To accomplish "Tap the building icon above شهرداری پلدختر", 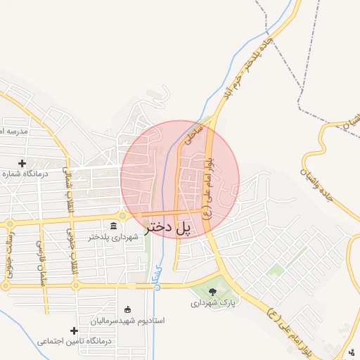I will pyautogui.click(x=114, y=225).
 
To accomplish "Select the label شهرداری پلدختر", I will pyautogui.click(x=114, y=237).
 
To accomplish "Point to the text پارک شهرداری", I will pyautogui.click(x=214, y=303).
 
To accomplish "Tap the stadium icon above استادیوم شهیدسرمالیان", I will pyautogui.click(x=127, y=309).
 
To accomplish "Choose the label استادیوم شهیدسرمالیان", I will pyautogui.click(x=127, y=321).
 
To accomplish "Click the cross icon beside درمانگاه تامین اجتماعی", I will pyautogui.click(x=74, y=330).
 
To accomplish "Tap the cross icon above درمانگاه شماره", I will pyautogui.click(x=22, y=163).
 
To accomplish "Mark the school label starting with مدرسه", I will pyautogui.click(x=13, y=131).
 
